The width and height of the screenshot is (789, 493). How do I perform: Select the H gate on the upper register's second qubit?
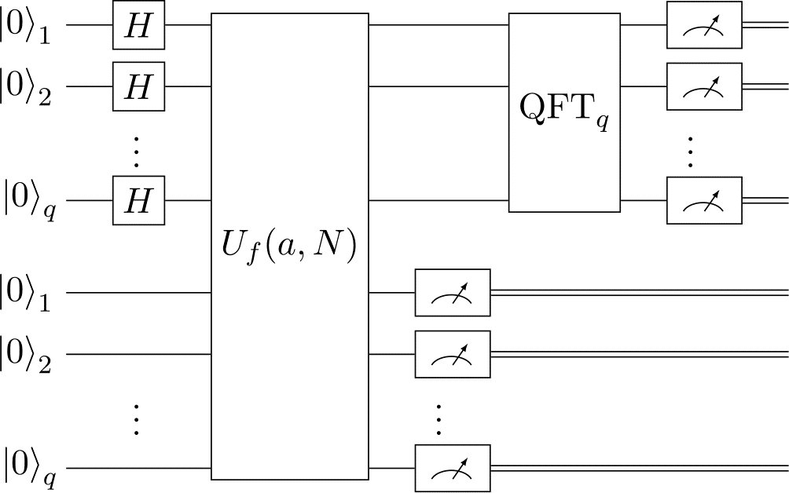click(x=138, y=86)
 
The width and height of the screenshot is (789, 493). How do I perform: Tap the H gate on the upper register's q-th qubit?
click(x=138, y=201)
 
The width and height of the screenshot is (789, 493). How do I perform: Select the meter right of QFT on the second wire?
click(x=703, y=86)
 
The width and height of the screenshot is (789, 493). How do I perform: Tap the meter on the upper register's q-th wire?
click(x=703, y=201)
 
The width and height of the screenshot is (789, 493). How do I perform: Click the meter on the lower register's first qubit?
click(x=452, y=293)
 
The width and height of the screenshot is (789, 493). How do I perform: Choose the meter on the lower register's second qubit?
click(x=452, y=354)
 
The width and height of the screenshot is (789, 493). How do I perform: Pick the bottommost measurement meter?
click(x=452, y=469)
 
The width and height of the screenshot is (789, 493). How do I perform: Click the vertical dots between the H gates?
click(x=137, y=151)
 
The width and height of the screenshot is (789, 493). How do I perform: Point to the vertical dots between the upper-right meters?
click(x=691, y=152)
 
